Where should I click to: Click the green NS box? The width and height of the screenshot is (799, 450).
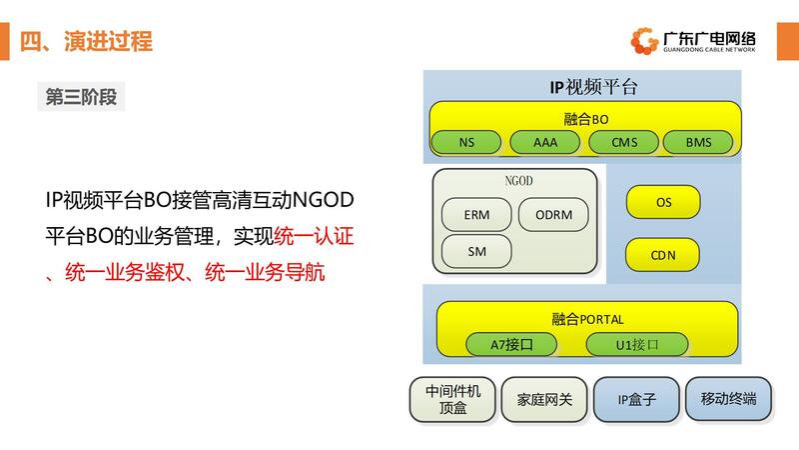pyautogui.click(x=466, y=142)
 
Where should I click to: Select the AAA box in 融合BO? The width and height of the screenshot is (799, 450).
pyautogui.click(x=545, y=142)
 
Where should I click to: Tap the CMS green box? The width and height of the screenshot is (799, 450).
pyautogui.click(x=624, y=142)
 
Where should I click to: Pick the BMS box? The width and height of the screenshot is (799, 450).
pyautogui.click(x=698, y=142)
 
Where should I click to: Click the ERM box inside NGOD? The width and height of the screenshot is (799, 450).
pyautogui.click(x=475, y=214)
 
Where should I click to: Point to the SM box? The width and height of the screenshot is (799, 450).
pyautogui.click(x=475, y=250)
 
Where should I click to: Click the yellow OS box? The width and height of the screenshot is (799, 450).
pyautogui.click(x=663, y=202)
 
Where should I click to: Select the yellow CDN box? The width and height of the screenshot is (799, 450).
pyautogui.click(x=663, y=255)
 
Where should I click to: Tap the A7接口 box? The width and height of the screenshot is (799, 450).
pyautogui.click(x=512, y=345)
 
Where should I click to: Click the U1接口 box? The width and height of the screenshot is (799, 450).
pyautogui.click(x=636, y=345)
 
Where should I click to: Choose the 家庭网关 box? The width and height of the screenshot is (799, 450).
pyautogui.click(x=544, y=398)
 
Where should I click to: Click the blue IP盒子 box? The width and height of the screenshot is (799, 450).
pyautogui.click(x=635, y=398)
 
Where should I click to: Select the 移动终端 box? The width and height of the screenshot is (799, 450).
pyautogui.click(x=728, y=398)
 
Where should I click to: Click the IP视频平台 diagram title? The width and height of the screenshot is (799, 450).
pyautogui.click(x=593, y=87)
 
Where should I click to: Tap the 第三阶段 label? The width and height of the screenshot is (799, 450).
pyautogui.click(x=81, y=96)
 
